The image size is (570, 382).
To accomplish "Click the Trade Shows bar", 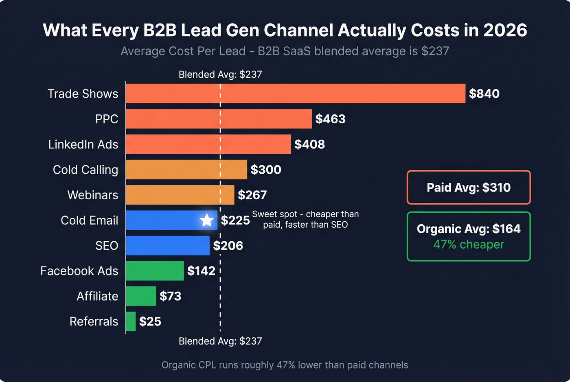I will click(295, 94).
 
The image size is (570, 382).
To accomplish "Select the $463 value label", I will click(330, 119).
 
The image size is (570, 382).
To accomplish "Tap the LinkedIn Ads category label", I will click(83, 144).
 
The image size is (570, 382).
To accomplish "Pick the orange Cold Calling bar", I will click(186, 170).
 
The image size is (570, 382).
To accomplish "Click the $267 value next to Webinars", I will click(252, 195).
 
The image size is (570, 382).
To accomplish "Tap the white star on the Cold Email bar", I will click(207, 220).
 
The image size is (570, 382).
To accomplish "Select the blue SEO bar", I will click(167, 245).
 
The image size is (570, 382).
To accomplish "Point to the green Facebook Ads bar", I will click(155, 271).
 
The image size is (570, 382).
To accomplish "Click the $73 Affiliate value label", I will click(170, 296).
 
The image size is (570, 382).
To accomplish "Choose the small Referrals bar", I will click(131, 321).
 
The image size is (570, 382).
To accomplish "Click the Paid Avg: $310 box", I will click(469, 187).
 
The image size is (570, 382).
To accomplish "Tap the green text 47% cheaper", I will click(469, 244).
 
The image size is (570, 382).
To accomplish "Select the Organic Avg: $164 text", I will click(469, 229).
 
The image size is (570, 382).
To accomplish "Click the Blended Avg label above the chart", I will click(220, 74).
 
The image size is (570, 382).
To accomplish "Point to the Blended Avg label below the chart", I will click(220, 341).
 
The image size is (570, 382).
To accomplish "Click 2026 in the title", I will click(505, 31).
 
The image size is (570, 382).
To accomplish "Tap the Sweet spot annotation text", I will click(305, 219).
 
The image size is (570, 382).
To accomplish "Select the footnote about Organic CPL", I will click(285, 365).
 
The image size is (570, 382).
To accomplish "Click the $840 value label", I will click(484, 94).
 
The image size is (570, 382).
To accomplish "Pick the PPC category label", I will click(107, 119).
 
